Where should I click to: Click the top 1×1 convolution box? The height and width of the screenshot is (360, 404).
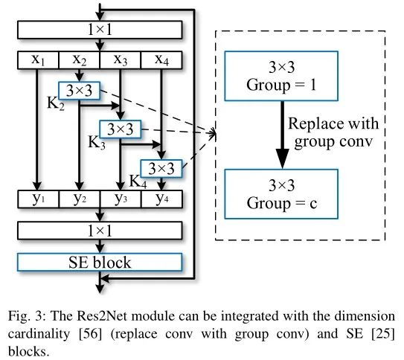tap(100, 29)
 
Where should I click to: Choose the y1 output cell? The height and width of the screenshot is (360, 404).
tap(38, 199)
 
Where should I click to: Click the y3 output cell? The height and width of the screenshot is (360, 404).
tap(120, 199)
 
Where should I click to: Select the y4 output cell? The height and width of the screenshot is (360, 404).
tap(161, 199)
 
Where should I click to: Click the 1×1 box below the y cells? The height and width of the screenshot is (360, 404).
tap(100, 231)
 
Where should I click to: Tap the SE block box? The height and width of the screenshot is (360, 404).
tap(100, 262)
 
